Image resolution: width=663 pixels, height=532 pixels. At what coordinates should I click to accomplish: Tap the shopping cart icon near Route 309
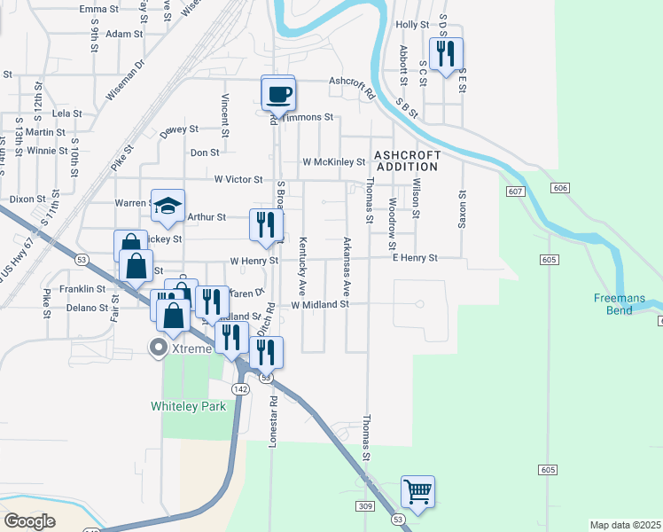417,490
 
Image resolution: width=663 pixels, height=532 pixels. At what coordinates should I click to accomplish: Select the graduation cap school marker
167,207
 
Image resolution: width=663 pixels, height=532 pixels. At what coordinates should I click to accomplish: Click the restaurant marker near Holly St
446,53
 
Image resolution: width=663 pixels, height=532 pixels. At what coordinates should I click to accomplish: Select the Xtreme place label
190,348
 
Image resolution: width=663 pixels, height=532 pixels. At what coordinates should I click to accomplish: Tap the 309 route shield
366,505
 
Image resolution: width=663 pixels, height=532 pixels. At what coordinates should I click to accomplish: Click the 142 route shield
239,388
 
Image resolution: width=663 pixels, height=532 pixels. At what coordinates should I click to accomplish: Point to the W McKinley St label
333,162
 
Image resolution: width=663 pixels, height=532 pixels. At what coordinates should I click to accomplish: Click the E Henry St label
415,258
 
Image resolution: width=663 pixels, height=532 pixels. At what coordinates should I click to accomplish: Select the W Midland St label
321,304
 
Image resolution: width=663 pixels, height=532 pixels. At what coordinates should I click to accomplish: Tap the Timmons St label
309,116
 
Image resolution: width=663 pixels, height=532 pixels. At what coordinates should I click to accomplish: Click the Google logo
29,520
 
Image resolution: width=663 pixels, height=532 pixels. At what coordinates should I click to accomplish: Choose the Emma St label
98,9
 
